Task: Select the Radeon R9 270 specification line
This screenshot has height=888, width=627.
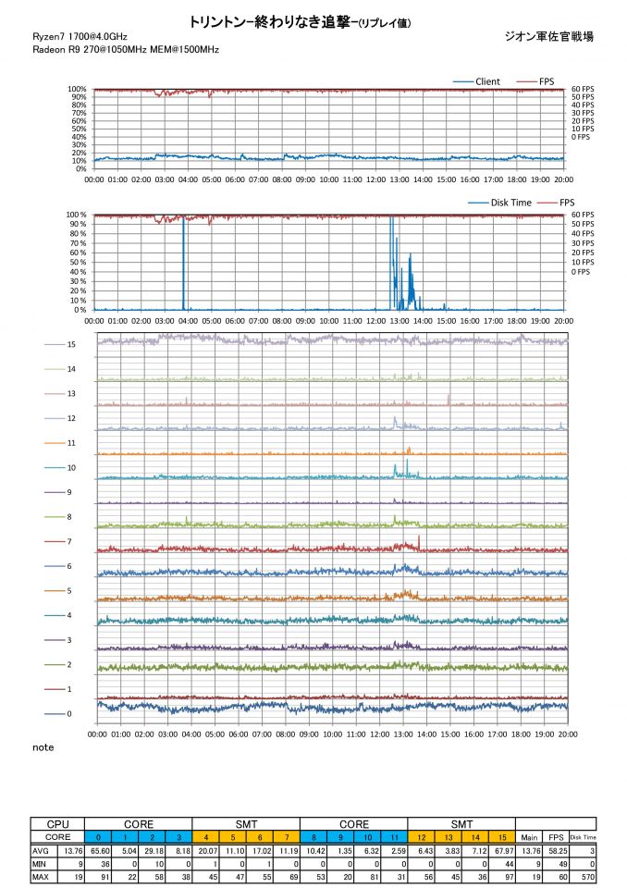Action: [x=125, y=49]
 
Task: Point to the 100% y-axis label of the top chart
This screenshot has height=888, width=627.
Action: [x=78, y=90]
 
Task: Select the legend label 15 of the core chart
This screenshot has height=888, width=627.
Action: [x=70, y=344]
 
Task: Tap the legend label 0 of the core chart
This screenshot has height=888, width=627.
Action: [x=69, y=714]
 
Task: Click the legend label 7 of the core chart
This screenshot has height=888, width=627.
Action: [x=69, y=541]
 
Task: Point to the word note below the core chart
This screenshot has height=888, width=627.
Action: [x=43, y=746]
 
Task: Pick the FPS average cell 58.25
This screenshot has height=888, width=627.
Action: [x=555, y=849]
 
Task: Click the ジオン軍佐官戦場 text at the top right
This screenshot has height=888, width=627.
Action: [x=549, y=36]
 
